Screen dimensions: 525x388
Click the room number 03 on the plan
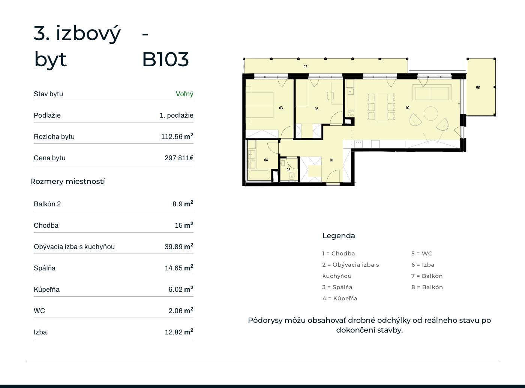(281, 108)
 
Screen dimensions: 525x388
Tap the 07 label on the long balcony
(305, 67)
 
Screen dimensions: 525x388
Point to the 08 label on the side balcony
(478, 88)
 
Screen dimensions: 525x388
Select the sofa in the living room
(432, 93)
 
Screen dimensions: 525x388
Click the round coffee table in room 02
(431, 113)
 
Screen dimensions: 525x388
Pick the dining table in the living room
(381, 107)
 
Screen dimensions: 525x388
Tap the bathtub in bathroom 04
(259, 175)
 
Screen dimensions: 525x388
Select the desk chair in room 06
(330, 96)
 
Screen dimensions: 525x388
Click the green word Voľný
(184, 94)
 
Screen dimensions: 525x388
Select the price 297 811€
(179, 158)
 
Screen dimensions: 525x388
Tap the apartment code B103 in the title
(165, 59)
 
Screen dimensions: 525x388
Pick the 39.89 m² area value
(179, 246)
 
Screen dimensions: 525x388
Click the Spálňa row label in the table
(45, 268)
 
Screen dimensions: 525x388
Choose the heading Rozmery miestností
(67, 181)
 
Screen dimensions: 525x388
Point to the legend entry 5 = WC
(421, 254)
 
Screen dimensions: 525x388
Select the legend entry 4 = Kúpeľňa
(340, 298)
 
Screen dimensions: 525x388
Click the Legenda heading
(339, 236)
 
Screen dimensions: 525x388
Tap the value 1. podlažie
(176, 115)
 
